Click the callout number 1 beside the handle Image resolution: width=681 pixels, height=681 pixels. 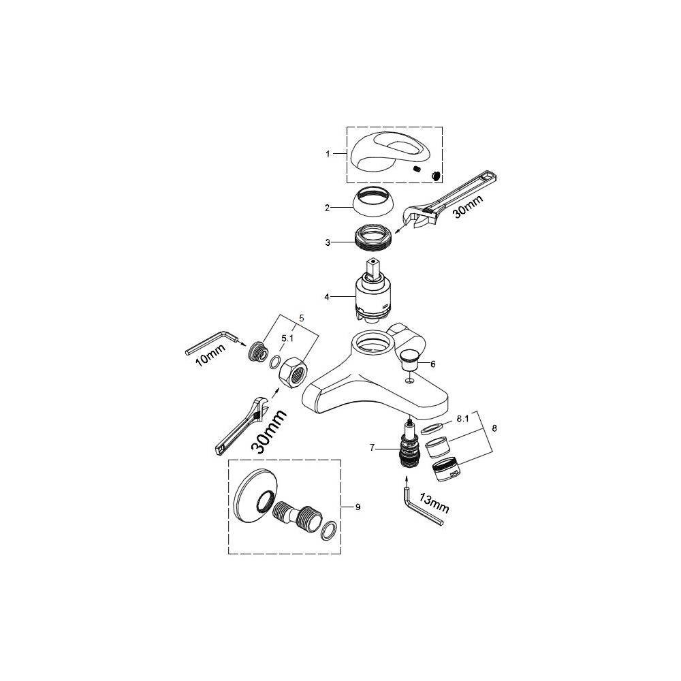point(328,154)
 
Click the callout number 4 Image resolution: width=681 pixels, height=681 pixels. point(327,297)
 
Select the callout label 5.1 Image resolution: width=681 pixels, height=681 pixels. point(287,338)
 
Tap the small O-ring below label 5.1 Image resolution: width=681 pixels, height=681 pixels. point(274,362)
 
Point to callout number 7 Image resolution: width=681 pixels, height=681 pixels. point(372,447)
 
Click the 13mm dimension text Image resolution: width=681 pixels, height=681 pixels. point(434,503)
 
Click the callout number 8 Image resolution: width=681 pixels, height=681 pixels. point(494,428)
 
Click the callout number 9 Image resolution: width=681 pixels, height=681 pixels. point(358,507)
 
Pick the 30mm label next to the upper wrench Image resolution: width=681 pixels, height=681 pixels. point(467,207)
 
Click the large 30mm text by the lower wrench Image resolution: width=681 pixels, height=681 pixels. point(270,432)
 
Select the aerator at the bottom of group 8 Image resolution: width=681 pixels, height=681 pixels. point(447,469)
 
